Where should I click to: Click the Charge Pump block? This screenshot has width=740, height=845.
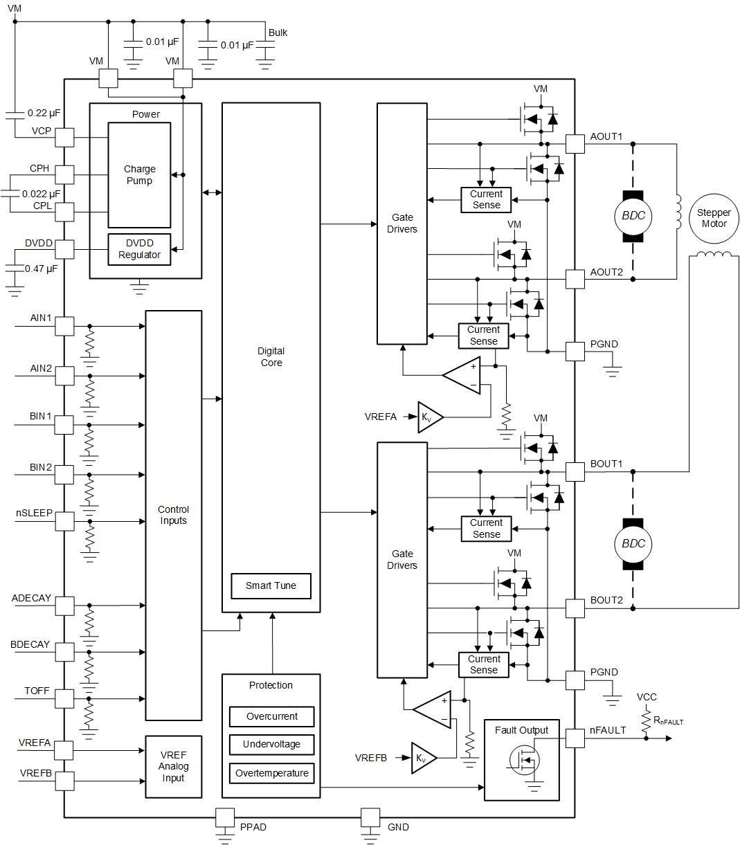[139, 175]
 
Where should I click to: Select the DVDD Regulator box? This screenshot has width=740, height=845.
[139, 249]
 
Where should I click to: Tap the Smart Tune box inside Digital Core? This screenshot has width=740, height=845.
[271, 585]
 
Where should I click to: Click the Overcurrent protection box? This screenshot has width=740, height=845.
[271, 716]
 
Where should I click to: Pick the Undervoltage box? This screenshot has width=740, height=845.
[271, 745]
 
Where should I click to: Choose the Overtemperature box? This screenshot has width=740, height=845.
[271, 773]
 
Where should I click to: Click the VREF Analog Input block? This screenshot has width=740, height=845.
[173, 767]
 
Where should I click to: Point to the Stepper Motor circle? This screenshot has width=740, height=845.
[714, 219]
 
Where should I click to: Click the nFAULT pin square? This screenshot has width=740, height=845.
[575, 738]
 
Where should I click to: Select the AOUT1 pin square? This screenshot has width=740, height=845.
[575, 144]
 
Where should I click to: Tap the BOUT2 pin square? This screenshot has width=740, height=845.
[575, 608]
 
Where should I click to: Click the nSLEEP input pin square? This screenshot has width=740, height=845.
[64, 521]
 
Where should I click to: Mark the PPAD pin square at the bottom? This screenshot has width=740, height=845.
[225, 817]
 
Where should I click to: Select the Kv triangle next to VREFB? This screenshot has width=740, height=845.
[422, 758]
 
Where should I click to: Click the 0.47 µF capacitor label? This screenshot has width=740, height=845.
[42, 269]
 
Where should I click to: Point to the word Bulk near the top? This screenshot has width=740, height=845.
[278, 33]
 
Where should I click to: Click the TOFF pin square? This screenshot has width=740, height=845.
[64, 699]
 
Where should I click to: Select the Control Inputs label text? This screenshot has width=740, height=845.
[173, 515]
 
